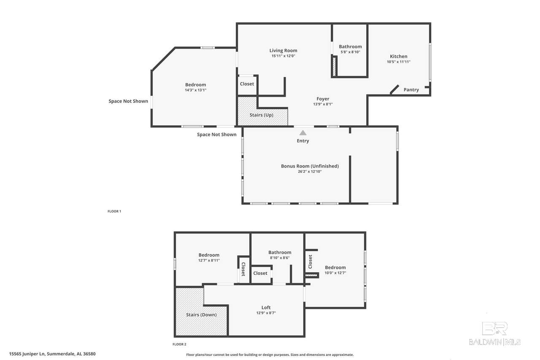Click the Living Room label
283,50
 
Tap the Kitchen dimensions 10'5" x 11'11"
399,62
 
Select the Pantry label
411,90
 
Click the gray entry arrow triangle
303,133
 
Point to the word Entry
303,141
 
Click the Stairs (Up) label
261,115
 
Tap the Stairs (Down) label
201,315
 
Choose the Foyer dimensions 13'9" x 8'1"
323,104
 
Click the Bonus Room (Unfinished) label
310,166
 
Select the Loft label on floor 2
266,307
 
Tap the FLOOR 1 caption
114,211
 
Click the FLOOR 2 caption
179,344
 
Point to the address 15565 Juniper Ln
27,354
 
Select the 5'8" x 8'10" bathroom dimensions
350,52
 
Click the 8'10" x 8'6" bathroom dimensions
280,258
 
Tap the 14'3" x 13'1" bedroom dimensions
195,90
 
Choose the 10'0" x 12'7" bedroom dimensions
335,273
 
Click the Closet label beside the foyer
247,84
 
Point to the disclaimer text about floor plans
270,355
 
